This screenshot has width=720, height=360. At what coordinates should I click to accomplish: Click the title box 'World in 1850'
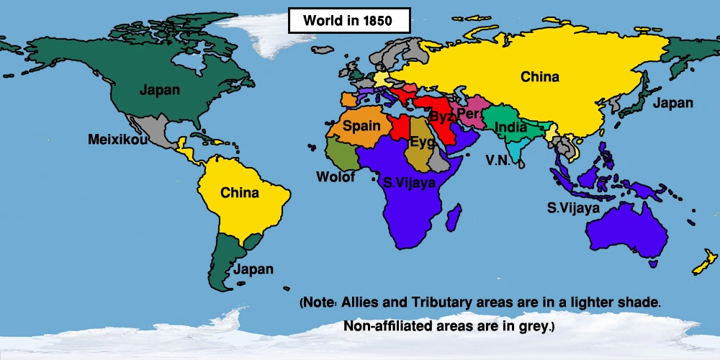[348, 21]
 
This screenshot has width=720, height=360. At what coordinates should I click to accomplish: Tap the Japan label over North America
[160, 91]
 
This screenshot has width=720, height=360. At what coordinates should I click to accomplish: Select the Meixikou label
[117, 139]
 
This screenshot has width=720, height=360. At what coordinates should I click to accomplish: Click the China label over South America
[240, 193]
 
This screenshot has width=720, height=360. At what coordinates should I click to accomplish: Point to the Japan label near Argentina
[253, 269]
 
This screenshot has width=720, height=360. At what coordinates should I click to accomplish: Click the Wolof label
[336, 176]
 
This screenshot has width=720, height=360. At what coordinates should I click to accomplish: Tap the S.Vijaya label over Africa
[410, 183]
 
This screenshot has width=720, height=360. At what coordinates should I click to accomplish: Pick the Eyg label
[422, 142]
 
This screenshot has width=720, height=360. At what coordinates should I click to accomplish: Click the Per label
[467, 114]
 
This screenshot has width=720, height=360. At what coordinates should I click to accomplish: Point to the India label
[510, 127]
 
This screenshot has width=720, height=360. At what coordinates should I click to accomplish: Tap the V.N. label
[498, 160]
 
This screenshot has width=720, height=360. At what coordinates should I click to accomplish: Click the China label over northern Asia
[540, 76]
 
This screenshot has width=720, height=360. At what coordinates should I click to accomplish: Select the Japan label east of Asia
[672, 103]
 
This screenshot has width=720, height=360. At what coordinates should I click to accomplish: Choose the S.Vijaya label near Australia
[573, 209]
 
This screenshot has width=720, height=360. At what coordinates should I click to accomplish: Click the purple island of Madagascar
[454, 216]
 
